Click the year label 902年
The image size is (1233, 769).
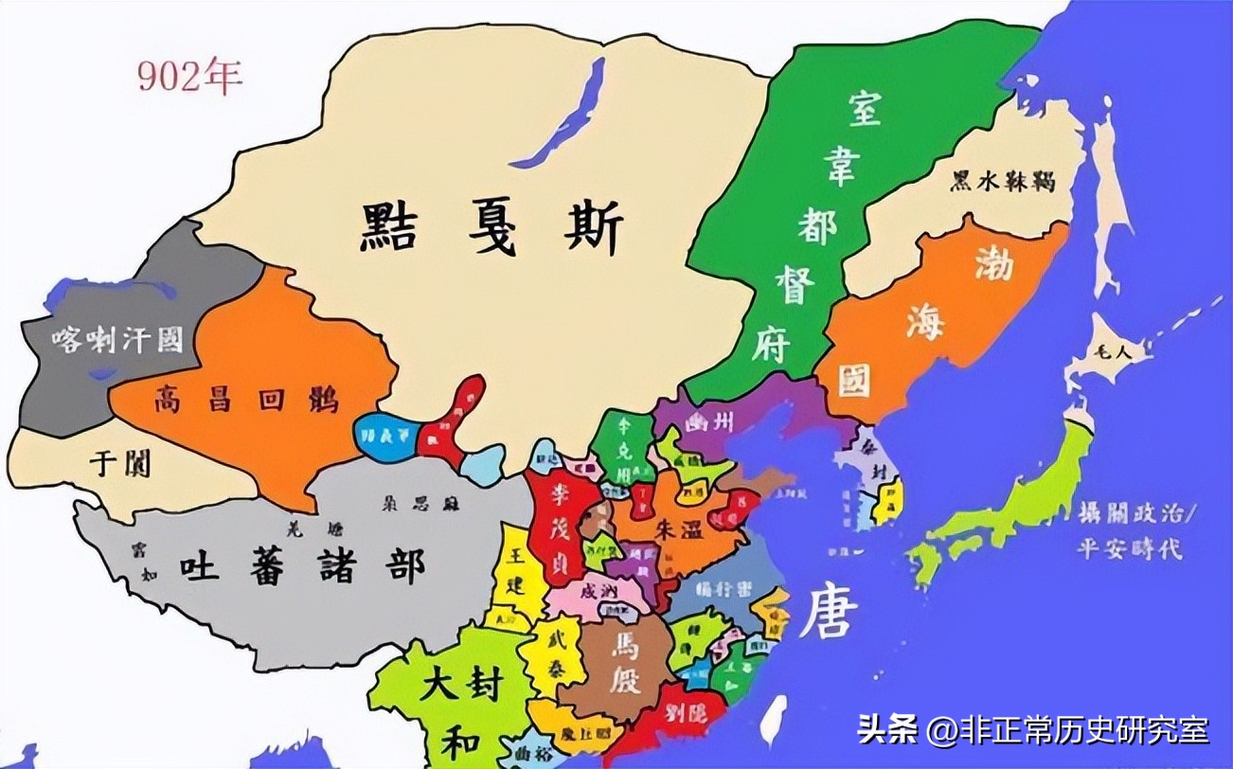[x=189, y=77]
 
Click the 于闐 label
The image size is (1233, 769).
[x=120, y=463]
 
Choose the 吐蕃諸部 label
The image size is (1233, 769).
[x=303, y=565]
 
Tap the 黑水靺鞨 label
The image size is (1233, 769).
[x=1005, y=180]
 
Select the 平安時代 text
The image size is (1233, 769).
[x=1129, y=548]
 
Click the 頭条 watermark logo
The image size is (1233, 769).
[x=889, y=730]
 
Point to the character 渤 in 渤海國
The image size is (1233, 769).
[x=992, y=267]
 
